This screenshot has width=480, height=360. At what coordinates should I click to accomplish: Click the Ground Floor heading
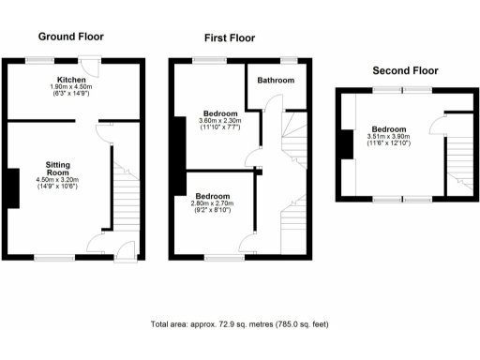tap(70, 37)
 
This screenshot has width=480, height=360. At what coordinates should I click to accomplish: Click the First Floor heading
tap(230, 38)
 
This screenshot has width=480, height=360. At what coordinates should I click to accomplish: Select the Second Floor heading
tap(405, 70)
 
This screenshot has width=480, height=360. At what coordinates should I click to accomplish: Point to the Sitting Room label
tap(57, 168)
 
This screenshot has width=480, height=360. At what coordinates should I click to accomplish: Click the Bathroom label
tap(276, 81)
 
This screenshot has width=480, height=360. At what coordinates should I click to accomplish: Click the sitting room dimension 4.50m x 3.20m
tap(57, 180)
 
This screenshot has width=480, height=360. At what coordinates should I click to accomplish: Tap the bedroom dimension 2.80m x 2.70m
tap(211, 202)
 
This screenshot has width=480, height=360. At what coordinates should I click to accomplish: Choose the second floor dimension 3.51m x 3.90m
tap(389, 137)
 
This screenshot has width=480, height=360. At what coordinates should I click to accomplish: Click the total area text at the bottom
tap(239, 324)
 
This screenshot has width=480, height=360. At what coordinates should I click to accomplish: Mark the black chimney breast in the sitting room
tap(11, 187)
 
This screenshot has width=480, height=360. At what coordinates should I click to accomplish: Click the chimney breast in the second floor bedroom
tap(346, 144)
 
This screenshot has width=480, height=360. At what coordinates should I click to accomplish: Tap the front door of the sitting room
tap(124, 250)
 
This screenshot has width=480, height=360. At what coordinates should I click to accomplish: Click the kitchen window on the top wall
tap(39, 60)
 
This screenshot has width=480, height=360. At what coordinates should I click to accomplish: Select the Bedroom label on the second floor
tap(389, 129)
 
